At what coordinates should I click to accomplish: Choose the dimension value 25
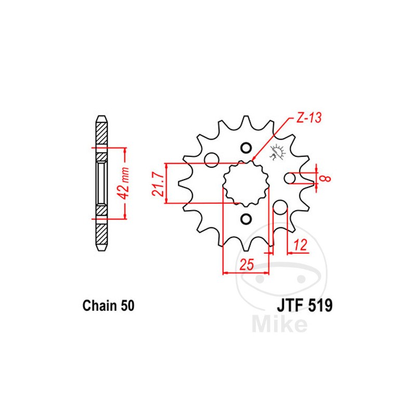[246, 264]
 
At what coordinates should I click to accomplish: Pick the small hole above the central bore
[246, 148]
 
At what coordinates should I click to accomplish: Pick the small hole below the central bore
[246, 218]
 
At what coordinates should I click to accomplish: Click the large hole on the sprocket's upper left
[211, 160]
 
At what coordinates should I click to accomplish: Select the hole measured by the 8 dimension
[291, 178]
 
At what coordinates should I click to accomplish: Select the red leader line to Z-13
[270, 140]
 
